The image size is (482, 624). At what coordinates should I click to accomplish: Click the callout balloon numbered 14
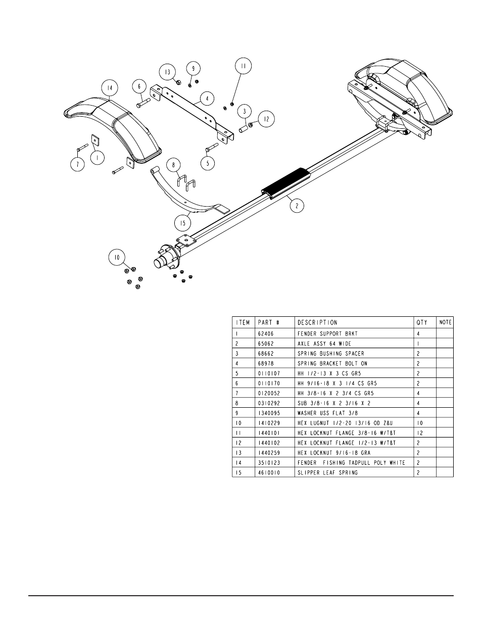coord(110,88)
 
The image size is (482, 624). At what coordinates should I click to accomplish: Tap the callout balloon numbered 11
coord(243,66)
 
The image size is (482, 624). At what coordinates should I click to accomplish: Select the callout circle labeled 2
coord(297,206)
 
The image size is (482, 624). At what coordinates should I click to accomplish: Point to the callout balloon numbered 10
coord(117,258)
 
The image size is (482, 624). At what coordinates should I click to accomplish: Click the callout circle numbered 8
coord(173,165)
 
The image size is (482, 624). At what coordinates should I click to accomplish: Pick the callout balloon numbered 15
coord(183,223)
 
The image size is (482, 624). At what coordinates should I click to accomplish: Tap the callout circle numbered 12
coord(266,119)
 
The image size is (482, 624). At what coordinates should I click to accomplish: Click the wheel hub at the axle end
coord(167,257)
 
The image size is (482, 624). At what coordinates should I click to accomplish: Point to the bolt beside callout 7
coord(82,147)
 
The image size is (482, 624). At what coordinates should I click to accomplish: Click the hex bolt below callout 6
coord(143,103)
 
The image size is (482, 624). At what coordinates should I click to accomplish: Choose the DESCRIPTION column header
coord(317,322)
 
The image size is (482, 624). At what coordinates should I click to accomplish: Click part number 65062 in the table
coord(266,344)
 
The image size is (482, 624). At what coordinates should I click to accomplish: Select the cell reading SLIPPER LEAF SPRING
coord(327,472)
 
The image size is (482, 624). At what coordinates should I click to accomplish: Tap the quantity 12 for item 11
coord(419,433)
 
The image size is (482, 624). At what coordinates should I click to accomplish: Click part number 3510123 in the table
coord(269,463)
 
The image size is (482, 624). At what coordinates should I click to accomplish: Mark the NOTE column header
coord(445,322)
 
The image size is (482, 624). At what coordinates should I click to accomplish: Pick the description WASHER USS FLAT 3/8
coord(327,413)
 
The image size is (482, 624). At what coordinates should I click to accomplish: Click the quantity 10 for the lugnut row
coord(419,423)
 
